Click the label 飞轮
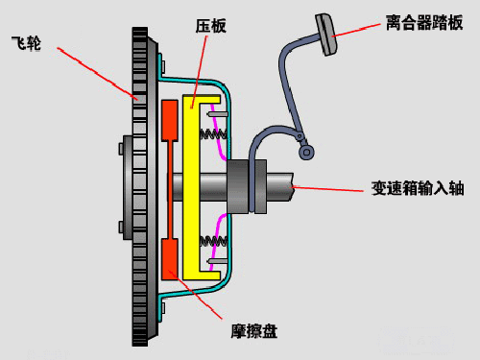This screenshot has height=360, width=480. [26, 44]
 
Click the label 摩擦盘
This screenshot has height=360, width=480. [253, 330]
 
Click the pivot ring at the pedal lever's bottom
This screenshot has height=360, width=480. [306, 151]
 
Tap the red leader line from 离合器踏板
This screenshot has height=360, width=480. [364, 22]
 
